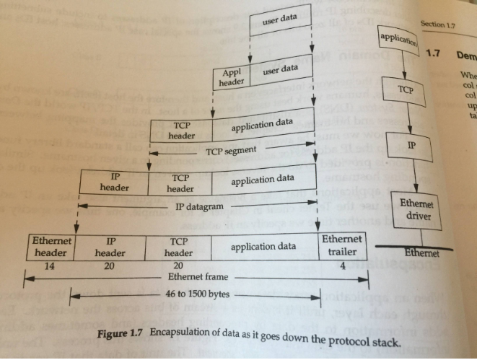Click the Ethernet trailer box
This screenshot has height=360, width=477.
pos(343,245)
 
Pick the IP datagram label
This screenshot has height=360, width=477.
pos(199,206)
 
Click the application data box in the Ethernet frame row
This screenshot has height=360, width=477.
pos(263,247)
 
